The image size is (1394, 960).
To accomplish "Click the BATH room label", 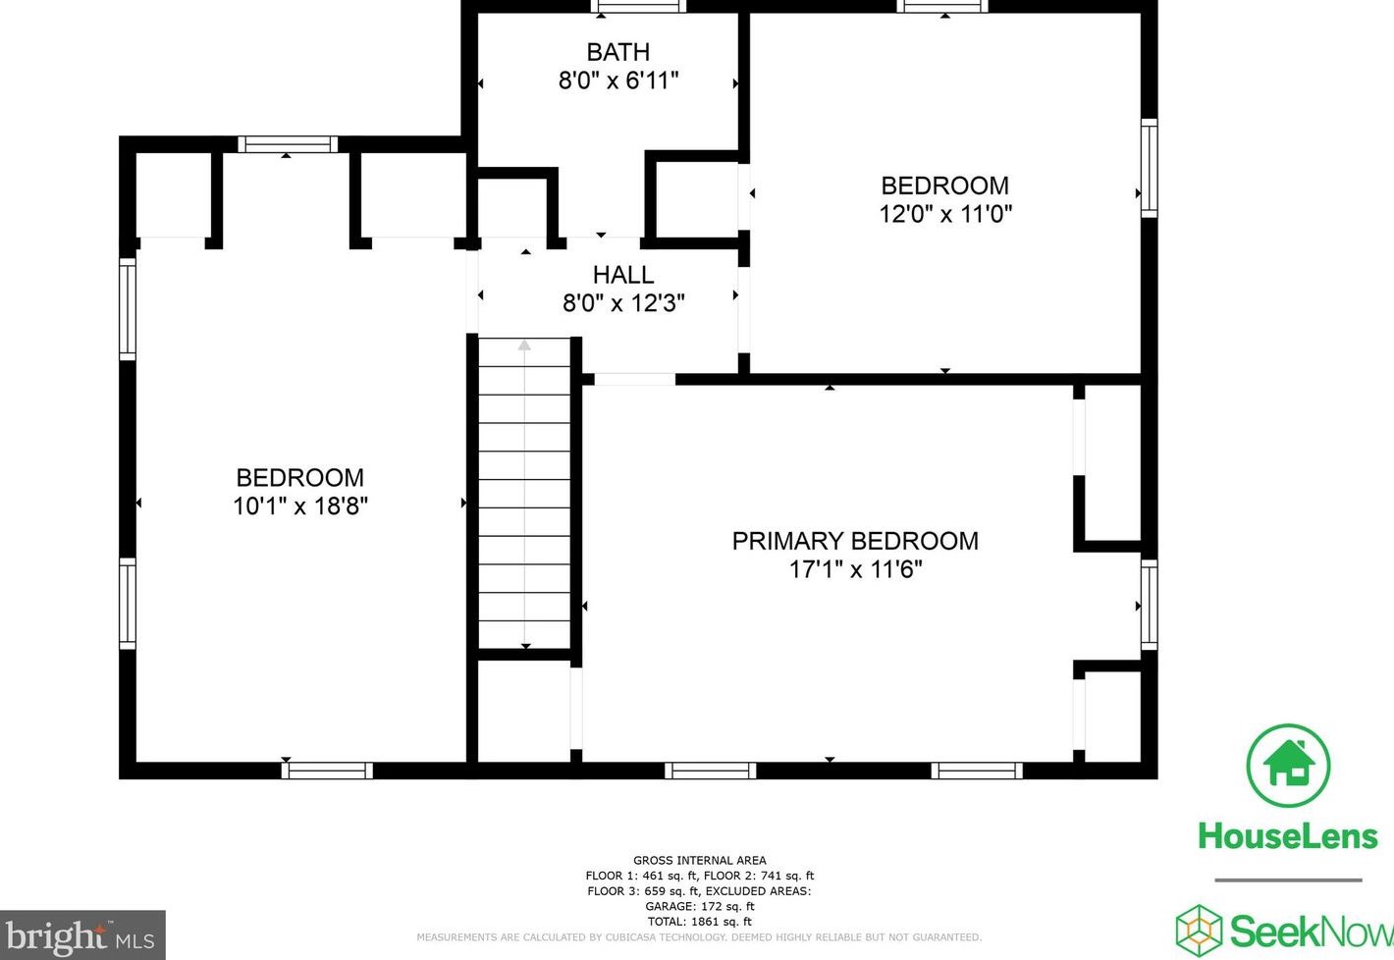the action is pos(617,52).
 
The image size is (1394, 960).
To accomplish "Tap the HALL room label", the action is pos(623,275).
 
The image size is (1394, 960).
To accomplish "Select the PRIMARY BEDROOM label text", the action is pos(855,541).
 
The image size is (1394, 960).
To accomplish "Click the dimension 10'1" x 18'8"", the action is pos(300,506).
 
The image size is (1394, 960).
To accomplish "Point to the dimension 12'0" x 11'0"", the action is pos(945,214).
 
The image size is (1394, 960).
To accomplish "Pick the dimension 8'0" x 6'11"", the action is pos(617,80).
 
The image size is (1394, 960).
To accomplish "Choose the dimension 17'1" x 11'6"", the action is pos(855,569).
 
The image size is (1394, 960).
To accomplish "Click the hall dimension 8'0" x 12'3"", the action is pos(623,303).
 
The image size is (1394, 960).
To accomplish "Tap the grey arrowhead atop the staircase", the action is pos(524,345).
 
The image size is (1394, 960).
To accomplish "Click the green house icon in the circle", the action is pos(1289,767).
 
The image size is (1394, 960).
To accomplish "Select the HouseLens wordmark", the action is pos(1288,836).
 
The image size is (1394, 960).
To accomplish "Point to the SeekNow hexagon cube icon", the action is pos(1200,931).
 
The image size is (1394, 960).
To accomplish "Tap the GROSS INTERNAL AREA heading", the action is pos(700,861).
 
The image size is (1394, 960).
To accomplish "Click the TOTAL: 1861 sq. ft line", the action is pos(700,922).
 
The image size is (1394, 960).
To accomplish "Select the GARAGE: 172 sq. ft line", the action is pos(700,906).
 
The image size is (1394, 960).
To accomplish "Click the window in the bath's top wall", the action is pos(638,6).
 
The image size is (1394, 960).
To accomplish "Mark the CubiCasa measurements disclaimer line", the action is pos(699,937).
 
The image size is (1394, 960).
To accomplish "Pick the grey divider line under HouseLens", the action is pos(1288,880).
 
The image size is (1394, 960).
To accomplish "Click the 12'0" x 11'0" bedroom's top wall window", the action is pos(942,6).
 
